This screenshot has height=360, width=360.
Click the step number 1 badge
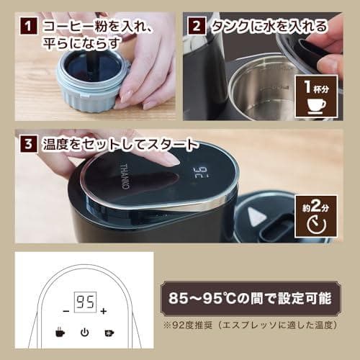28,26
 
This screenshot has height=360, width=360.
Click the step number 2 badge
197,26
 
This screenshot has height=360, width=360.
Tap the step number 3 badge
28,144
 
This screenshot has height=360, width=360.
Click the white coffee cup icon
317,106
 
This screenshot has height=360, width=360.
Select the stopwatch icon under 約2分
316,225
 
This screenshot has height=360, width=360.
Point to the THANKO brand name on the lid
125,176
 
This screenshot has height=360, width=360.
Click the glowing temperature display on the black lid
201,172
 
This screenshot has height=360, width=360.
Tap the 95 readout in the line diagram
85,302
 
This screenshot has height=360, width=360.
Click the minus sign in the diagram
66,311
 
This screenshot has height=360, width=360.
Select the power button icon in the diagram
84,333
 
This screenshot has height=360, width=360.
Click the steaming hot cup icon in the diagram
60,332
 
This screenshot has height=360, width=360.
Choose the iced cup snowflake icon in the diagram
109,333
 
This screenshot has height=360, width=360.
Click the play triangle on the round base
256,216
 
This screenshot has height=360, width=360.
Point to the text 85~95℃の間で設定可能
250,298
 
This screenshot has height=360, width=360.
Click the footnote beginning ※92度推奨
250,325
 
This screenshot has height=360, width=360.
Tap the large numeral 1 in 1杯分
307,86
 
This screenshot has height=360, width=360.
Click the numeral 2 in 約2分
316,206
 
